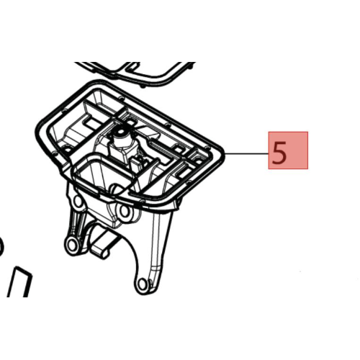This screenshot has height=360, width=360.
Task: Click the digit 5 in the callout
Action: [x=279, y=152]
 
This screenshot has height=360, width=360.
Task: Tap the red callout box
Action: [x=288, y=150]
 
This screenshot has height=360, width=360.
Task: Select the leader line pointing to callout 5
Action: [x=247, y=153]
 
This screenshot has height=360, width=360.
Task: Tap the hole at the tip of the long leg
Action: [x=143, y=282]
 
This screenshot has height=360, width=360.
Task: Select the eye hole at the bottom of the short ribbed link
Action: [x=71, y=243]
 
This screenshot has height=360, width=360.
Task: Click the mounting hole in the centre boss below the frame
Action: [x=124, y=211]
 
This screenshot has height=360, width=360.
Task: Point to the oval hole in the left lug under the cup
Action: [x=77, y=201]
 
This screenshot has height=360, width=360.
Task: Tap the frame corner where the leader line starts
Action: [x=224, y=153]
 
